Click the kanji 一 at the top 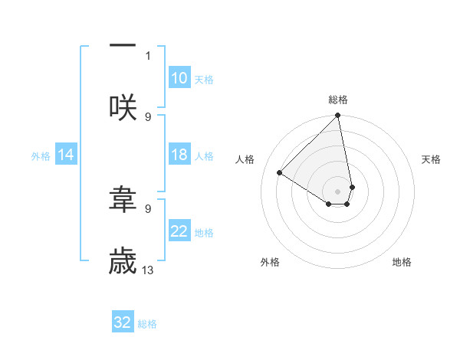123,45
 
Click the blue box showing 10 179,78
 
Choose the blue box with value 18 179,155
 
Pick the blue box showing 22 179,231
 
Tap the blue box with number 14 66,155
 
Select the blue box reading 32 123,322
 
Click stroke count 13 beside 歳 148,270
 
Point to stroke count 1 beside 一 148,55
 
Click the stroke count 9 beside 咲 148,116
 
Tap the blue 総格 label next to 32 147,324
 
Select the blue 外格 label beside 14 41,155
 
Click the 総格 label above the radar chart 338,100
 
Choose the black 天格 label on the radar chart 431,159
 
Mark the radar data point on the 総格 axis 338,116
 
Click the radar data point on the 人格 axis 280,172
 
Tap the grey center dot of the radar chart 338,191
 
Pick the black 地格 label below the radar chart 402,262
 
